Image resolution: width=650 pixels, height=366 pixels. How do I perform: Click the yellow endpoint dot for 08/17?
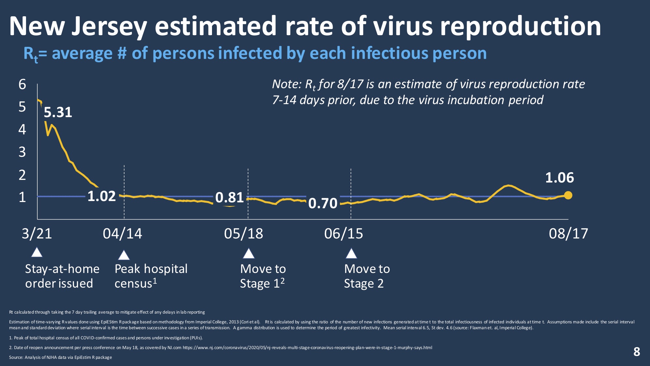click(x=568, y=195)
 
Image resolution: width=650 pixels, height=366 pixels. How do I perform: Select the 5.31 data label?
click(x=58, y=112)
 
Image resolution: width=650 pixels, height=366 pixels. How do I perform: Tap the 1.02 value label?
click(x=101, y=196)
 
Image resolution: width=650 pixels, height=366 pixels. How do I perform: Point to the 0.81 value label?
click(x=230, y=197)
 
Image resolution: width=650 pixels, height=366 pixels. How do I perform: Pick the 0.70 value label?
click(x=323, y=203)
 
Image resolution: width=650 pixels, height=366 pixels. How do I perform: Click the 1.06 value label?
click(x=559, y=178)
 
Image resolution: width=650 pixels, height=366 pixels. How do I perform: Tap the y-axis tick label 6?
click(x=22, y=85)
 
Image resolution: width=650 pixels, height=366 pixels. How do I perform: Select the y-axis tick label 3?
click(x=22, y=152)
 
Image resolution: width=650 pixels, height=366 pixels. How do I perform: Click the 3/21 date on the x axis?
click(x=37, y=234)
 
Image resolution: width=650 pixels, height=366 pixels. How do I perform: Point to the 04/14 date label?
click(x=122, y=234)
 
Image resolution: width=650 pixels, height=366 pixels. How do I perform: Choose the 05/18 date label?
click(x=244, y=234)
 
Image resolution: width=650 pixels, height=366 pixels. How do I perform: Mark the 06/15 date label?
click(x=343, y=234)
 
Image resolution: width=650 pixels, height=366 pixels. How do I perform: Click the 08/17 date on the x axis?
click(x=568, y=234)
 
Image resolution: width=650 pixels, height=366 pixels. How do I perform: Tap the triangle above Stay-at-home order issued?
click(x=37, y=252)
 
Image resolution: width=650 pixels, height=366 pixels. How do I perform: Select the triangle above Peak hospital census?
click(x=124, y=255)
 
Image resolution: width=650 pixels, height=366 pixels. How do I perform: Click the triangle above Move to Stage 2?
click(x=351, y=253)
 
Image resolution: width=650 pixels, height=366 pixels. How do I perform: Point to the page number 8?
click(x=637, y=352)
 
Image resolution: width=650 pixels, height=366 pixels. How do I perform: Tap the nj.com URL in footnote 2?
click(x=307, y=347)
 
